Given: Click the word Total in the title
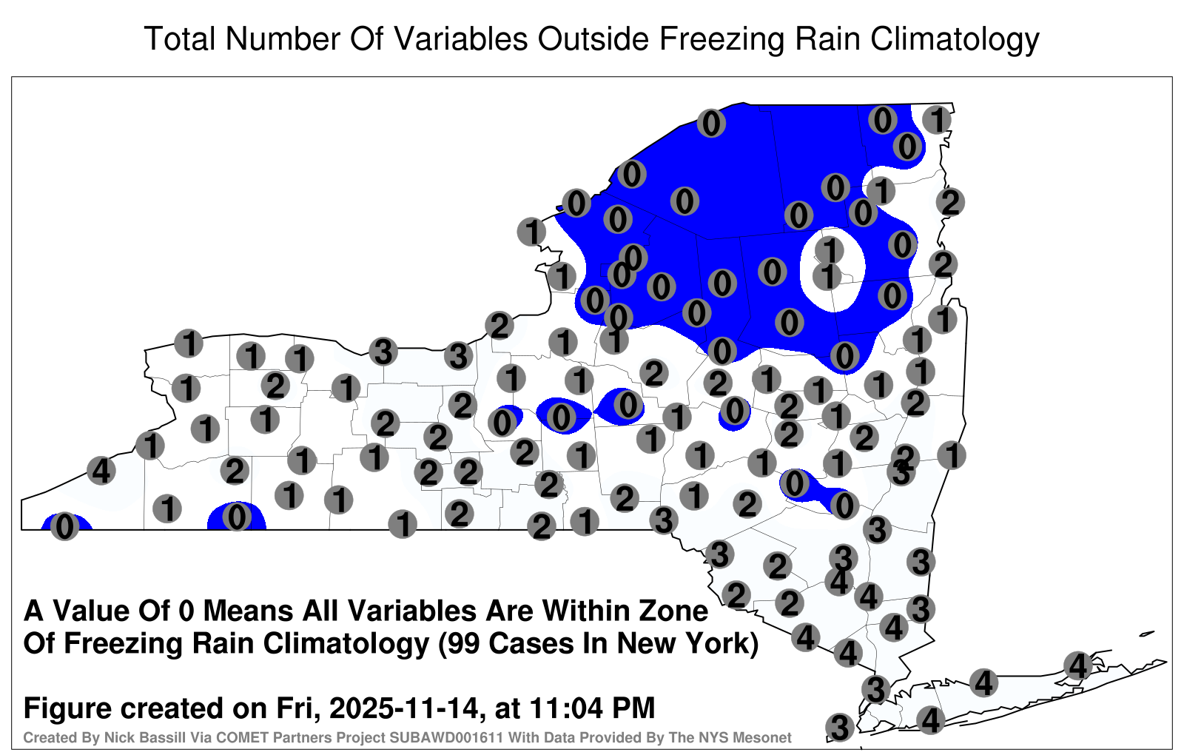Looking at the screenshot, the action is point(180,38).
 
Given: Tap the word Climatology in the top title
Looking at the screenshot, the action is point(955,40).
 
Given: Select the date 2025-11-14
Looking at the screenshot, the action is point(404,708).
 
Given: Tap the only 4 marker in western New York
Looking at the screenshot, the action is point(101,471).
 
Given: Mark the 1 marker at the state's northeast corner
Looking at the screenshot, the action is point(937,119).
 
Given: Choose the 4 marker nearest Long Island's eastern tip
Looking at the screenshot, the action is point(1077,665).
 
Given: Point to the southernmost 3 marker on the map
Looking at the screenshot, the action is point(840,727).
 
